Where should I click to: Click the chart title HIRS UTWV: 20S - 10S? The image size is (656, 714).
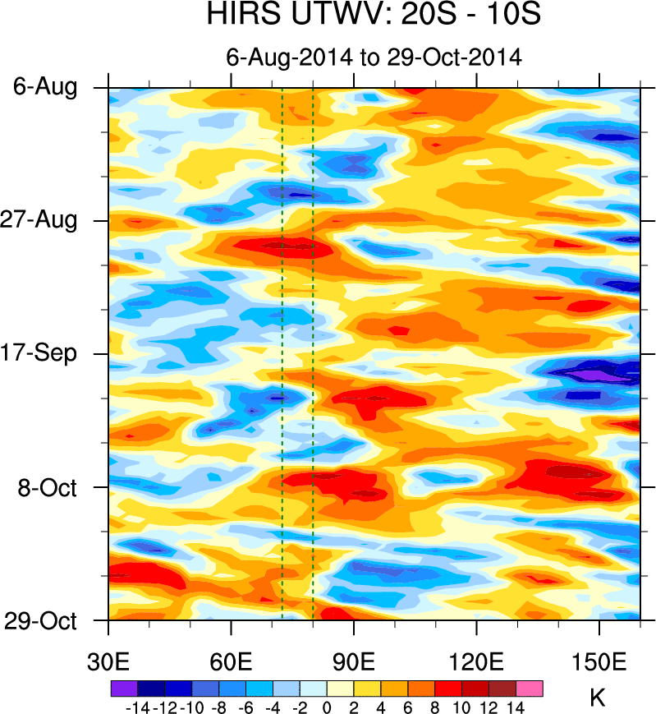tap(374, 16)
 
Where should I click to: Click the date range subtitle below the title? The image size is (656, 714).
tap(374, 57)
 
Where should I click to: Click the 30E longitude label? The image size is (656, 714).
tap(109, 663)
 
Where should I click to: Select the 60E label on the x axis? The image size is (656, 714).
tap(232, 663)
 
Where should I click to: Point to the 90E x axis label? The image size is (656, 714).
tap(354, 663)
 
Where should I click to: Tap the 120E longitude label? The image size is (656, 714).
tap(476, 663)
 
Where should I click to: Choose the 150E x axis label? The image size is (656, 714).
tap(599, 663)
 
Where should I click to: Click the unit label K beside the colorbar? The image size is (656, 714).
tap(598, 698)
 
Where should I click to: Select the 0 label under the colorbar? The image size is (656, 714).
tap(327, 706)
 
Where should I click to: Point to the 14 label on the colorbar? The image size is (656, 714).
tap(516, 706)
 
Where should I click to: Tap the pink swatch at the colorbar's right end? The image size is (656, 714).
tap(530, 688)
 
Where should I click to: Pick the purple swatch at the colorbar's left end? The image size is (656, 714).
tap(123, 688)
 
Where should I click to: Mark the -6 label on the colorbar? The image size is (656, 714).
tap(245, 706)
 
